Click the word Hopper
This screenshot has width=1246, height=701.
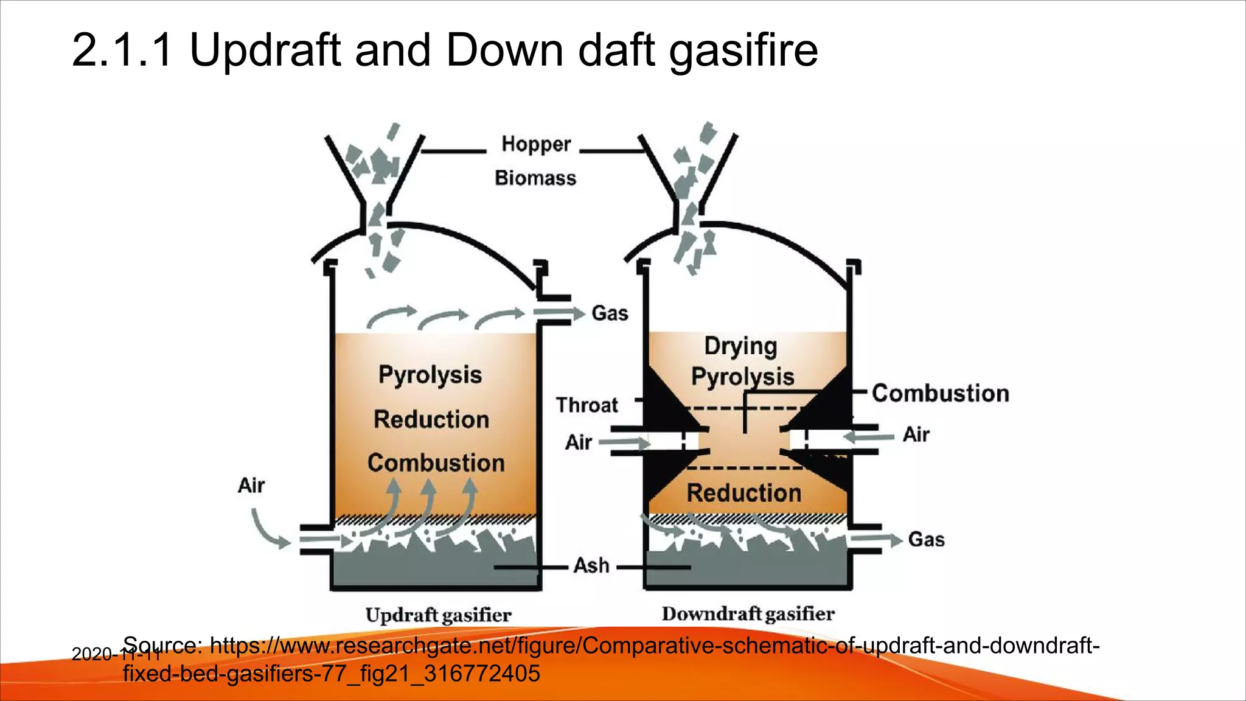click(536, 144)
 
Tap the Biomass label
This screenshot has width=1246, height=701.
click(535, 178)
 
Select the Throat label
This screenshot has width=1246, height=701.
click(586, 405)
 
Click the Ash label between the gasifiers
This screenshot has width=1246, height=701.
click(591, 565)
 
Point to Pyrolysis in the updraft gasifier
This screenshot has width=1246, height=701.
click(430, 375)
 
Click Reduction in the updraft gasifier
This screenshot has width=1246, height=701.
click(431, 419)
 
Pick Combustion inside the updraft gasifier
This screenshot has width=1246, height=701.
click(436, 463)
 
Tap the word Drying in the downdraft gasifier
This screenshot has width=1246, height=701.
click(740, 346)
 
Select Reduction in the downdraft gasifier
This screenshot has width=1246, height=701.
click(743, 493)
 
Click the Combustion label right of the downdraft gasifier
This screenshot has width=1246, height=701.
click(940, 393)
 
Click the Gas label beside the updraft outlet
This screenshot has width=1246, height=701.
click(610, 313)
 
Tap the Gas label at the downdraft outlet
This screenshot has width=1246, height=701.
click(926, 539)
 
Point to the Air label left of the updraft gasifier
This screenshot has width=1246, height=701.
click(251, 486)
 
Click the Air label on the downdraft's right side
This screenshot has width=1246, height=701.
click(916, 434)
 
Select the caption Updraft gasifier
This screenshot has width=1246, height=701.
click(438, 615)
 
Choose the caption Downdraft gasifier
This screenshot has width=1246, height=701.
click(748, 613)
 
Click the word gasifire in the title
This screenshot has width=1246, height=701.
click(743, 50)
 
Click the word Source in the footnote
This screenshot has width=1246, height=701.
click(161, 645)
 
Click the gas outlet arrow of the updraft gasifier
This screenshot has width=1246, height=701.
click(559, 313)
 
